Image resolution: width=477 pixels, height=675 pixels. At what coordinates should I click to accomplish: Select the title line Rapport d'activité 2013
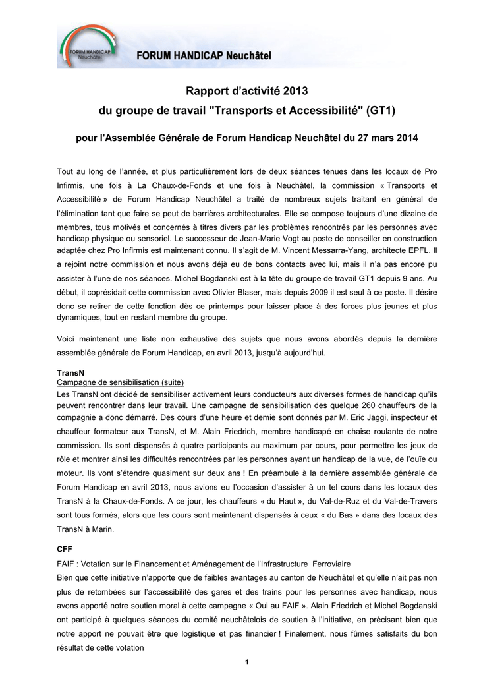click(246, 90)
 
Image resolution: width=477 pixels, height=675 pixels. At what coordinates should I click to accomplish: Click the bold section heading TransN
click(70, 372)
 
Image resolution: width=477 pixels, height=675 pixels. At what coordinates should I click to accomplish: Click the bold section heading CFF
click(65, 548)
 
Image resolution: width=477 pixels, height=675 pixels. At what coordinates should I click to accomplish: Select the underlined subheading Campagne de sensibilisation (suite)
click(120, 382)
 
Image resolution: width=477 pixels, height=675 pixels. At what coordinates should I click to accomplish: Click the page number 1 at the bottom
click(246, 662)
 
